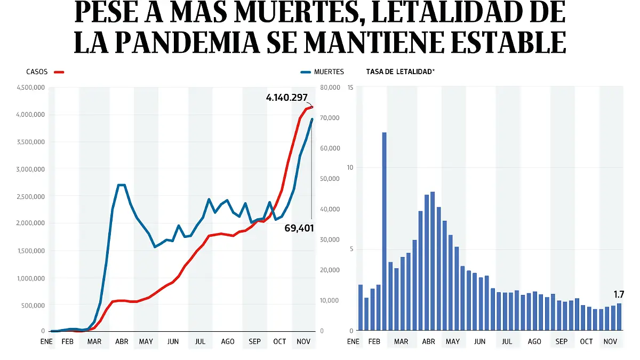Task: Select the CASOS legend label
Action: point(37,71)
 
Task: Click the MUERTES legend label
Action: point(329,71)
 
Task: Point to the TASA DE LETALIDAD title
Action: point(400,71)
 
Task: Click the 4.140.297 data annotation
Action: point(286,98)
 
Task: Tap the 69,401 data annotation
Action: point(299,228)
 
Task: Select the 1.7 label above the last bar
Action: point(619,294)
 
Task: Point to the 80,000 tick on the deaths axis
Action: point(330,87)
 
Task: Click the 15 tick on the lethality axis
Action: point(350,87)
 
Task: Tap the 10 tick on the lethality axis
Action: point(350,168)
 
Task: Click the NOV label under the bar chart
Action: point(610,341)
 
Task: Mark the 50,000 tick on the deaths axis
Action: point(330,179)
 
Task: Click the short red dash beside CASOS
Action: point(59,71)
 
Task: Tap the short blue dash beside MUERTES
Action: point(305,71)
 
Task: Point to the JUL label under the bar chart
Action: point(507,341)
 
